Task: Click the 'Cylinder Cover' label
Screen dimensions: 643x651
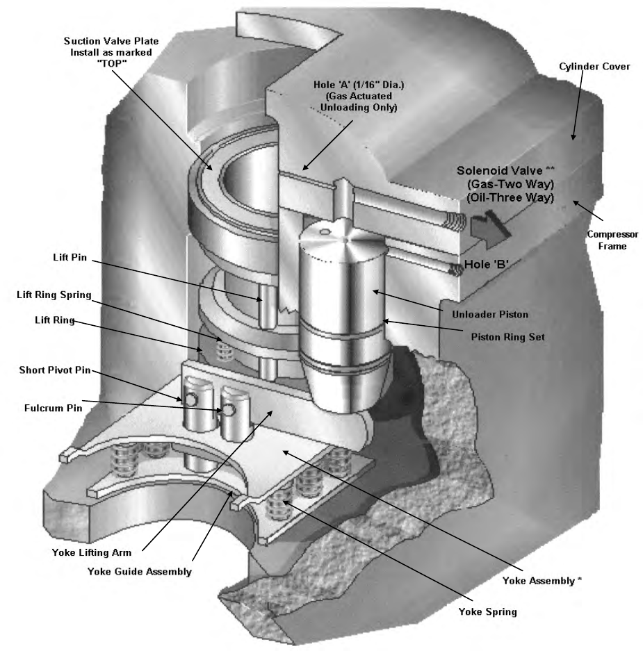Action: [594, 67]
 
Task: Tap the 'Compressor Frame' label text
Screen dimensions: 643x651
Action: [612, 240]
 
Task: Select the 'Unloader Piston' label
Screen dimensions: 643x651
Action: [490, 314]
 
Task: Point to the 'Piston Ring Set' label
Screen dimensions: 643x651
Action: [507, 337]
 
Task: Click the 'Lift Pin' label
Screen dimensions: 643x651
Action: [70, 257]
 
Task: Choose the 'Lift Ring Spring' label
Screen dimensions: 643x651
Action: [54, 295]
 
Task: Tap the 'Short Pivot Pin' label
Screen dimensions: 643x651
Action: [55, 370]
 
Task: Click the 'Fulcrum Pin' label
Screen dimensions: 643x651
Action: [53, 408]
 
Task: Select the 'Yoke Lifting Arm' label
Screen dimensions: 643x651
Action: [91, 552]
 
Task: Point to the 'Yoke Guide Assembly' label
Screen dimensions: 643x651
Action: [140, 572]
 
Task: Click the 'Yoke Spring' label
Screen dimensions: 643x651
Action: [488, 611]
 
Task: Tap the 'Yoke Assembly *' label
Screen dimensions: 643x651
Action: [542, 580]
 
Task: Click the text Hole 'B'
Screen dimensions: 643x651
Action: [487, 265]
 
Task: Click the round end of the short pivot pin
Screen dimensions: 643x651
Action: [191, 399]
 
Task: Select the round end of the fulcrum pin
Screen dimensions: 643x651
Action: [229, 410]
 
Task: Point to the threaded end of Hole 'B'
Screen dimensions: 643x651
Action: [456, 270]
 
